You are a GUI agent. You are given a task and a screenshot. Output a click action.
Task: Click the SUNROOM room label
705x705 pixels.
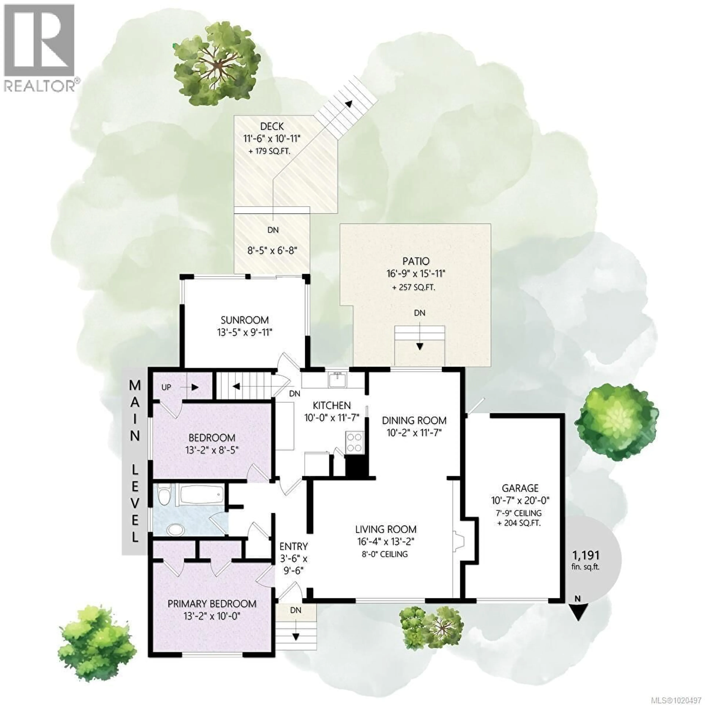(x=245, y=320)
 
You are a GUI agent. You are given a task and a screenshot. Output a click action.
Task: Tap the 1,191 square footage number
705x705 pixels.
(x=585, y=555)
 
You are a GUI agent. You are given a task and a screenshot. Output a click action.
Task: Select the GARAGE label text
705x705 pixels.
(x=520, y=488)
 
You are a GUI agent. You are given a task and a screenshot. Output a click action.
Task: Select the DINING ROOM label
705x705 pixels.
(x=414, y=420)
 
